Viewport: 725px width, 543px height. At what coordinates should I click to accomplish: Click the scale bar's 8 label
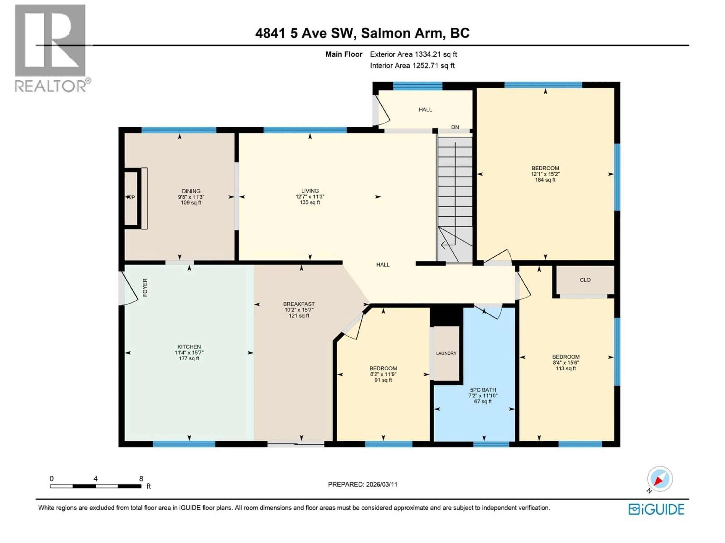(141, 479)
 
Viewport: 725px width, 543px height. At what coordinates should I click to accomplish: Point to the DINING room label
(191, 191)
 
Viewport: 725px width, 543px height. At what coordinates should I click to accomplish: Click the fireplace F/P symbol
(131, 197)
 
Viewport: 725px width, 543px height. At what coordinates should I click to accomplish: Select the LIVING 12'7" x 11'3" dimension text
(310, 197)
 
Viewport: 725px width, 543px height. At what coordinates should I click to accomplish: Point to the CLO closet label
(585, 280)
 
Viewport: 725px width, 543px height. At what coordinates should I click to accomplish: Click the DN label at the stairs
(455, 127)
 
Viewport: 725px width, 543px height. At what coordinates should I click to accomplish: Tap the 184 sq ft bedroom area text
(545, 180)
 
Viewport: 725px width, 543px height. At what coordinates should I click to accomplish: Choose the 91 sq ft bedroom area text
(383, 380)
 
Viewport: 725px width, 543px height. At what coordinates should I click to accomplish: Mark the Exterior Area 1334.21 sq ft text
(413, 54)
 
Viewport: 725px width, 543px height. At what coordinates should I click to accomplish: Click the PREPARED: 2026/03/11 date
(362, 484)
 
